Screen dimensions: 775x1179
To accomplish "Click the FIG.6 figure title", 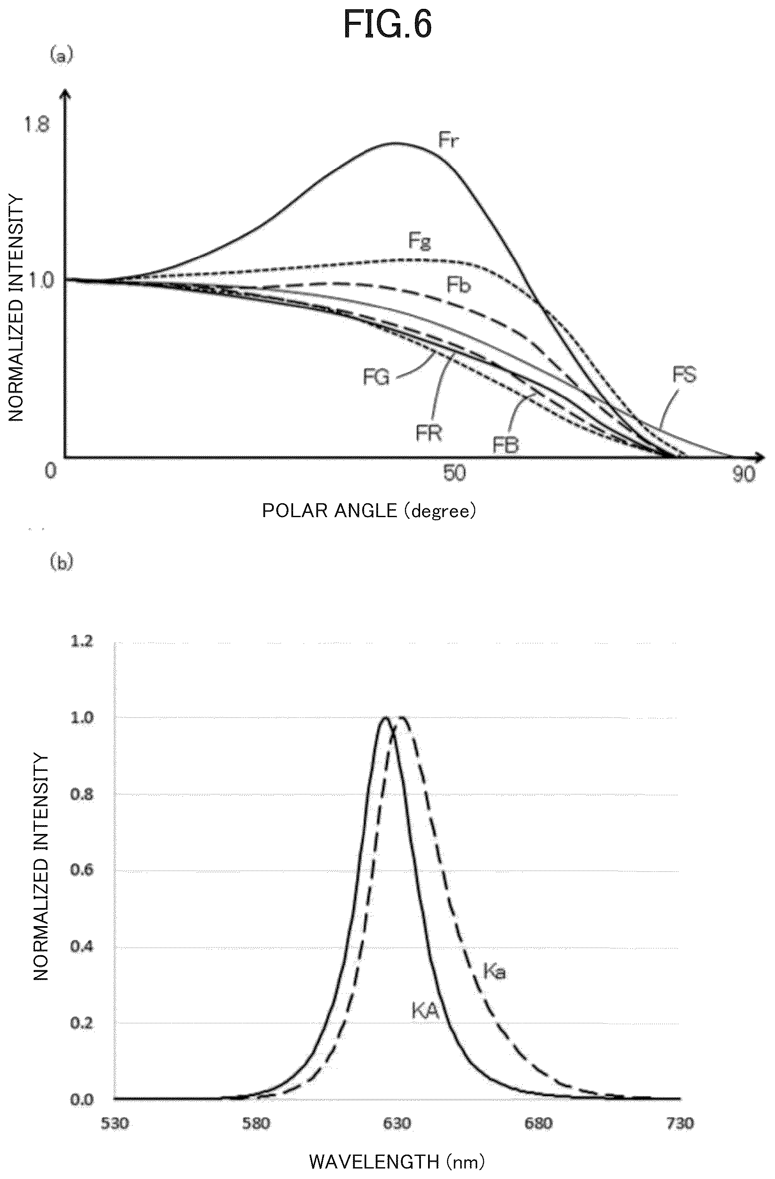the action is (x=388, y=25).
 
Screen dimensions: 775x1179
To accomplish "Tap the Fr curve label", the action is (x=449, y=140).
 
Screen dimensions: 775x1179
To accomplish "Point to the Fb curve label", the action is (x=458, y=285).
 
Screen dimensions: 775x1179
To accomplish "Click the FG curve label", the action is (x=377, y=378).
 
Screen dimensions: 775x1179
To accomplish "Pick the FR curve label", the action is (x=429, y=433).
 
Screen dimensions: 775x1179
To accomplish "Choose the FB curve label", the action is (x=505, y=445).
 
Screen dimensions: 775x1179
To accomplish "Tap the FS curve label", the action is (x=684, y=375).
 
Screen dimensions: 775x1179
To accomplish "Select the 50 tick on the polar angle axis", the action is (x=455, y=474).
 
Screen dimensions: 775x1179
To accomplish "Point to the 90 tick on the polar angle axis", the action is (x=743, y=475).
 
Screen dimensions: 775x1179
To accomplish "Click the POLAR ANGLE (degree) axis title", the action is (x=368, y=511).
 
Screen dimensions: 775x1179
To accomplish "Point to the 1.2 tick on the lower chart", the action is (x=82, y=642).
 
